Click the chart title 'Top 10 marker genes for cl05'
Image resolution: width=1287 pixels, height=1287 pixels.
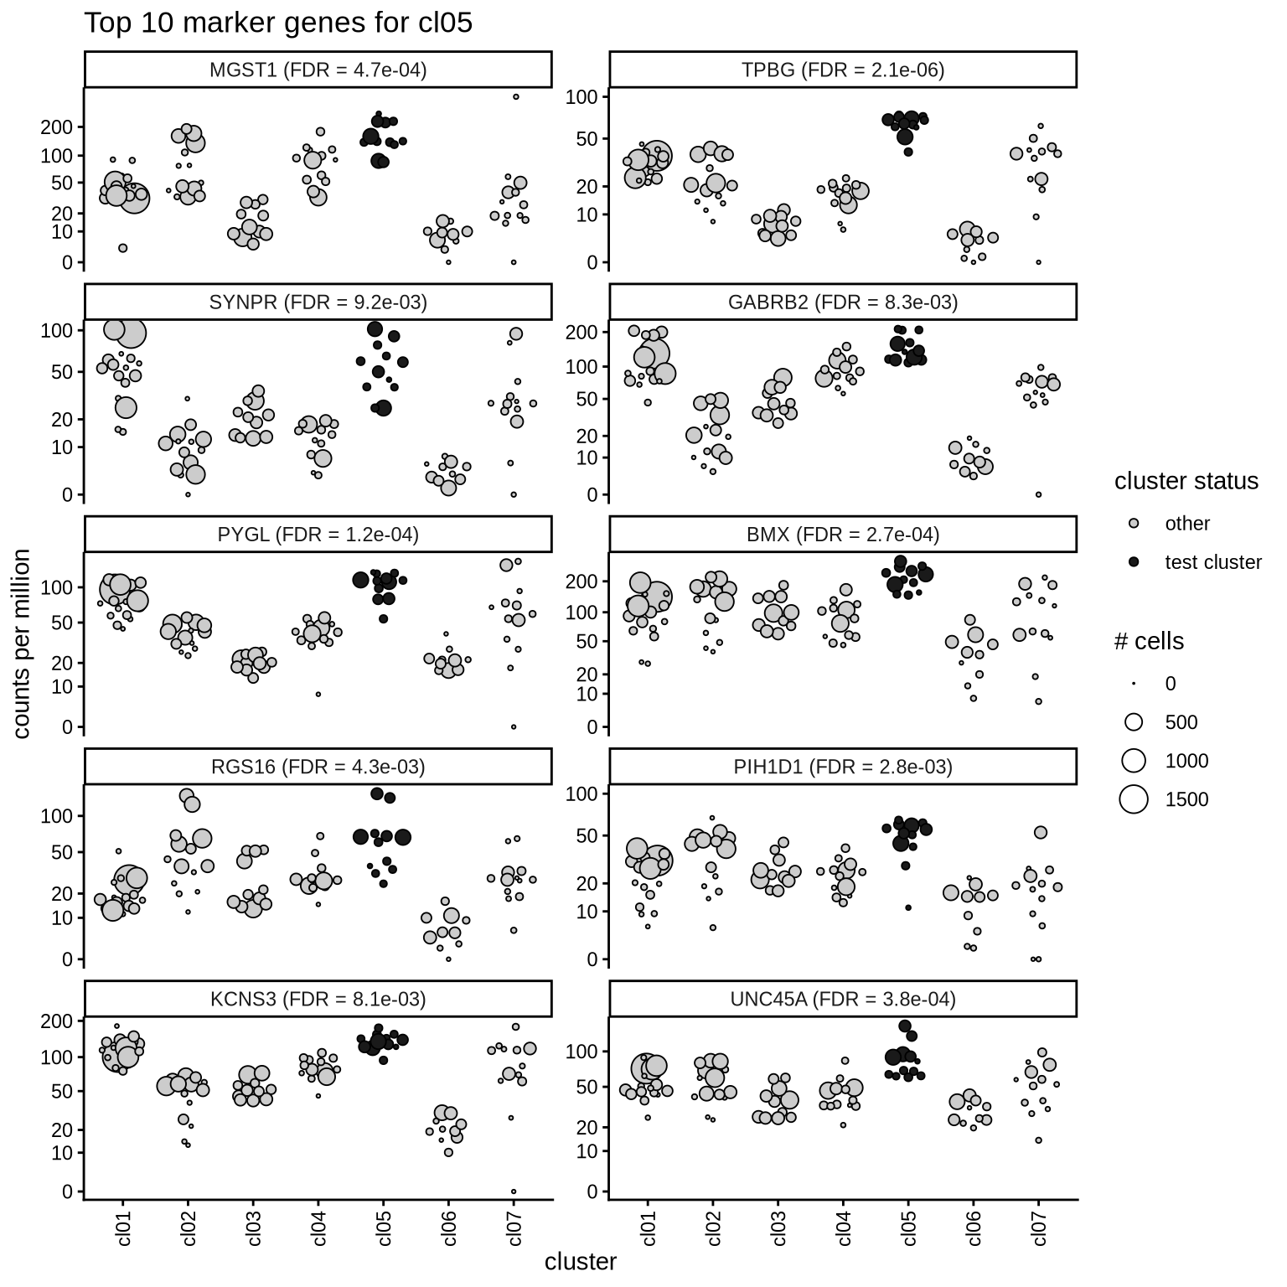coord(278,23)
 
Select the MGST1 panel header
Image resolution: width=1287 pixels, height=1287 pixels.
coord(318,70)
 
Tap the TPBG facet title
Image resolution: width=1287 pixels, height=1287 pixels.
coord(843,70)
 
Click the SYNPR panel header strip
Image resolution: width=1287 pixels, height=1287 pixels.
coord(318,302)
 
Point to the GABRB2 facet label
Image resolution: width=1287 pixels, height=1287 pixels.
coord(843,302)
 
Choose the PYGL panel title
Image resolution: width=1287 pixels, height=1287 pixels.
coord(318,535)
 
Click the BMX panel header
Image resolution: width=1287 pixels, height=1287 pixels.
coord(843,535)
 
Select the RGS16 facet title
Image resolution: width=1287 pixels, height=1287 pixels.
coord(318,767)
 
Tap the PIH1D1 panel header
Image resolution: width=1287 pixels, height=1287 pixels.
coord(843,767)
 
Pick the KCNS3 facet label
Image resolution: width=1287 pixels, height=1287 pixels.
coord(318,999)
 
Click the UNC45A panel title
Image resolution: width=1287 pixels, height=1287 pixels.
coord(843,999)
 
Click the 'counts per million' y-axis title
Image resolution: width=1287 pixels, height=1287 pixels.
coord(22,643)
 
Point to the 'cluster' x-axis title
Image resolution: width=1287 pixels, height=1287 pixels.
coord(580,1262)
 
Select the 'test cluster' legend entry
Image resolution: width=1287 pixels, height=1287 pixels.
coord(1212,562)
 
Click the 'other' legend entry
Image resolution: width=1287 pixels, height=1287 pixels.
coord(1187,524)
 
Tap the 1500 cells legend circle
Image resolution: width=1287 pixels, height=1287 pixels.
coord(1134,799)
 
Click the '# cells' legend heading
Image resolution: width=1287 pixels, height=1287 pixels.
coord(1149,642)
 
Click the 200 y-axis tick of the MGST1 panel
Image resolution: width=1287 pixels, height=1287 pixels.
coord(60,127)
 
